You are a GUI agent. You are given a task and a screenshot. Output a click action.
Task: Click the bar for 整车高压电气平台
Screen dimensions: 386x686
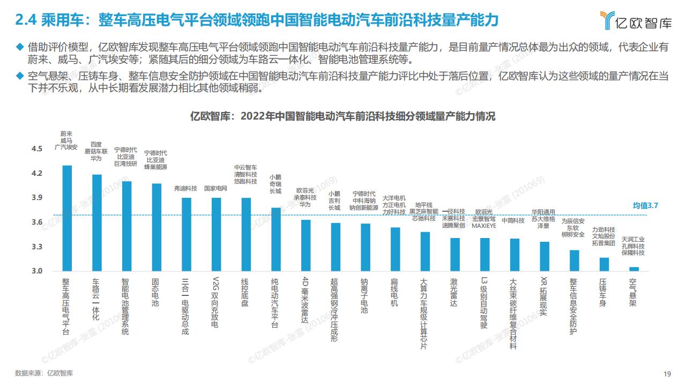click(x=67, y=218)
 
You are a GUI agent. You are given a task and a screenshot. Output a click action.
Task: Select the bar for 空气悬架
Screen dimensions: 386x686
click(x=633, y=269)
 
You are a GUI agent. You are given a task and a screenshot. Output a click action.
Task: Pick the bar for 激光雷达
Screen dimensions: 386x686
click(x=454, y=254)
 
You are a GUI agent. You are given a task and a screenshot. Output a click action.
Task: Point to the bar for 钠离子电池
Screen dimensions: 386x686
click(x=366, y=247)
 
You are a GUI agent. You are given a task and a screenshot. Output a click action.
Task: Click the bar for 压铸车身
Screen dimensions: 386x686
click(x=603, y=264)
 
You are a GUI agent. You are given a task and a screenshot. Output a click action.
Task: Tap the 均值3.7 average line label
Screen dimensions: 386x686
click(x=645, y=205)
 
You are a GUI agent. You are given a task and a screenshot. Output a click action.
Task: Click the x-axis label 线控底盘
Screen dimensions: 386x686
click(x=246, y=292)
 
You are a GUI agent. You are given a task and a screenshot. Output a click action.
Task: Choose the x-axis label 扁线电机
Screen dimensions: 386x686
click(x=395, y=292)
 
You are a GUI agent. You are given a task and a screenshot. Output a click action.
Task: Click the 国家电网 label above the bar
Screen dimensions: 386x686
click(x=216, y=189)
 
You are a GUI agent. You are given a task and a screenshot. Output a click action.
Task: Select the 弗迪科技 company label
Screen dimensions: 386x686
click(x=186, y=189)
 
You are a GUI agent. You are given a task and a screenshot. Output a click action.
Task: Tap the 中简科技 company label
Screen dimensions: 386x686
click(x=513, y=220)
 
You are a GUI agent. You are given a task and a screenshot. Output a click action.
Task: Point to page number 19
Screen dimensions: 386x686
click(x=667, y=374)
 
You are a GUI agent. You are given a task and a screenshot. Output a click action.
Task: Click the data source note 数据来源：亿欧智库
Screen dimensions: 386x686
click(x=44, y=373)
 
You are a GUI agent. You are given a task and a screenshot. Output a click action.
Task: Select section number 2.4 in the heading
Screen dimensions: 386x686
click(x=25, y=20)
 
